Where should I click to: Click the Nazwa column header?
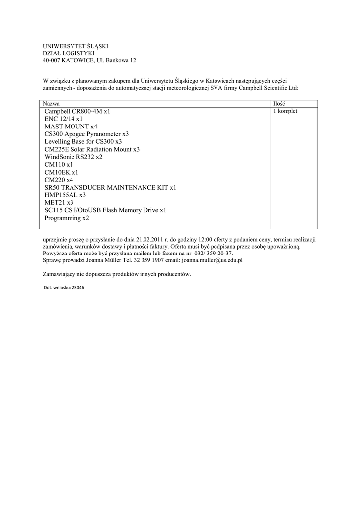(x=52, y=103)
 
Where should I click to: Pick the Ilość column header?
(x=279, y=103)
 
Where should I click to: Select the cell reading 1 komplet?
(x=285, y=111)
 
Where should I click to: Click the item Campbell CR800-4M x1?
(x=77, y=112)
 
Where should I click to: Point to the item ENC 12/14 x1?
(x=63, y=119)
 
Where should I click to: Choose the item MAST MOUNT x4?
(x=71, y=127)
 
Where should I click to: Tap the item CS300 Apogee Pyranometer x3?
(x=86, y=134)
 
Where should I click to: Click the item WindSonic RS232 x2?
(x=73, y=157)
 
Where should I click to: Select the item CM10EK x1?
(x=61, y=172)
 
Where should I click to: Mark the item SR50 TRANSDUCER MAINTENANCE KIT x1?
(x=110, y=188)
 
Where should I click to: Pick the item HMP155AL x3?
(x=65, y=195)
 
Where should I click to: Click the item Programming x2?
(x=67, y=218)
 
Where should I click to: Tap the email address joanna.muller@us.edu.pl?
(x=212, y=260)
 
